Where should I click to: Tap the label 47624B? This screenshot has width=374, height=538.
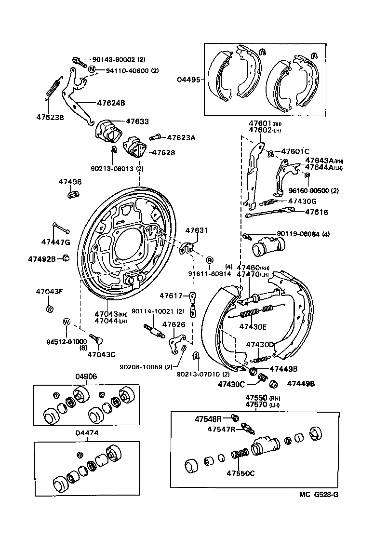(111, 103)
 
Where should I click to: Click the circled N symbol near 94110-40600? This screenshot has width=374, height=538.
(91, 70)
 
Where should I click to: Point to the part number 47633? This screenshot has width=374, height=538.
(137, 122)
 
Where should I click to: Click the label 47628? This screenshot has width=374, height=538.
(163, 152)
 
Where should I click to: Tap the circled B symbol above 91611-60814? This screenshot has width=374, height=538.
(210, 260)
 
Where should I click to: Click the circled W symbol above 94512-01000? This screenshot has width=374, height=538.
(67, 322)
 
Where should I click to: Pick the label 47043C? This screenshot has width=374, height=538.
(101, 354)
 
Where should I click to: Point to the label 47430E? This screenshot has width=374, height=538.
(253, 326)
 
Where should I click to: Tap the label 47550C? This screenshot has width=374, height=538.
(241, 473)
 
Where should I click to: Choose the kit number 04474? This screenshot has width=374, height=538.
(87, 432)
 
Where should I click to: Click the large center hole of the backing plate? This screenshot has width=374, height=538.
(128, 246)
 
